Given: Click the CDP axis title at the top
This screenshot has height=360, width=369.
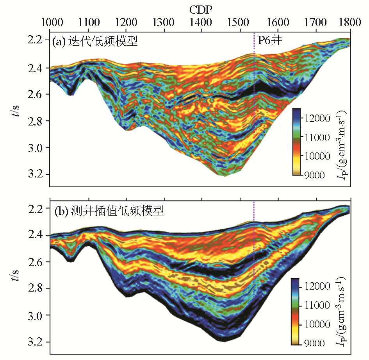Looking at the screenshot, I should point(200,8).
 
